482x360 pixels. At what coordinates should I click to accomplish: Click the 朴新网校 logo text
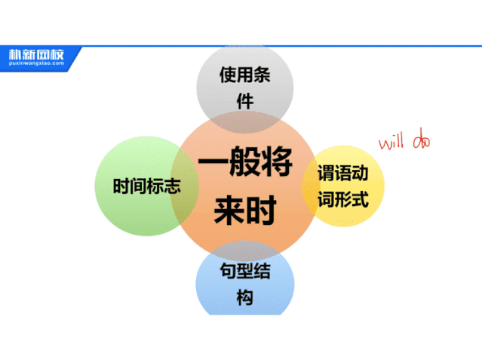coord(36,54)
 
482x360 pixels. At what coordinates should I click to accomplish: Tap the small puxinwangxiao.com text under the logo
coord(36,63)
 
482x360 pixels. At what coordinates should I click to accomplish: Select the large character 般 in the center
coord(244,165)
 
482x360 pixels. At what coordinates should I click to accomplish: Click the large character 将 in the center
coord(277,165)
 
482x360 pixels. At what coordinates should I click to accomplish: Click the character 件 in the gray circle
coord(244,102)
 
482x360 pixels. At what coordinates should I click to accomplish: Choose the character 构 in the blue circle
coord(244,298)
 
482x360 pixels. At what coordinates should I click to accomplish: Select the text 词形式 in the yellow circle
coord(342,200)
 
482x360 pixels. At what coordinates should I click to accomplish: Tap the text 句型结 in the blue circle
coord(244,271)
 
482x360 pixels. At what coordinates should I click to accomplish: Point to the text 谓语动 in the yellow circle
coord(342,173)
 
